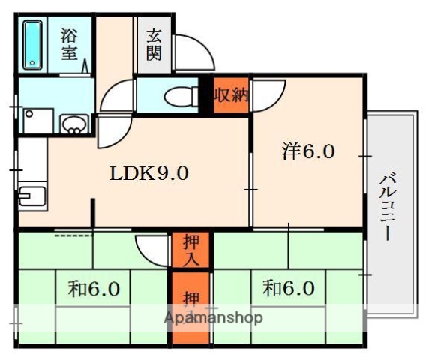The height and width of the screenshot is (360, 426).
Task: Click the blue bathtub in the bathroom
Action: [34, 46]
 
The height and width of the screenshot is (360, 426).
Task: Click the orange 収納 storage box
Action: [230, 95]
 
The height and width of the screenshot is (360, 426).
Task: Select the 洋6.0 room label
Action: [307, 152]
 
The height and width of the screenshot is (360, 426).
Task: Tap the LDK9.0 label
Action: [149, 174]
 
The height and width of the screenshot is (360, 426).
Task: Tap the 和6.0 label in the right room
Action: [288, 288]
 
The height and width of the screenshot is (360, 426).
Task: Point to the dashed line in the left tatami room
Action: [68, 237]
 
